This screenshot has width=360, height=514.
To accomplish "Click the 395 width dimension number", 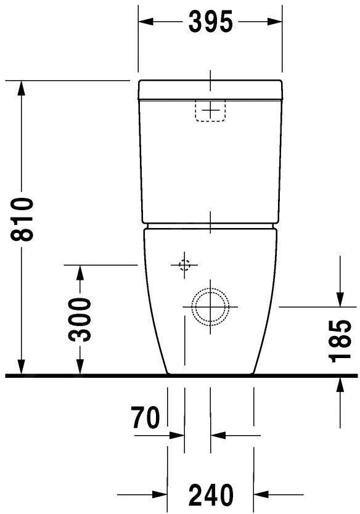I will pos(211,22).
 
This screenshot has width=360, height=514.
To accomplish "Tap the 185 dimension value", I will pos(340,341).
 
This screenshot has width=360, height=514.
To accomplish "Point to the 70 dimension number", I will pos(145,418).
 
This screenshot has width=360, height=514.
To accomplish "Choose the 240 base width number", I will pos(211,494).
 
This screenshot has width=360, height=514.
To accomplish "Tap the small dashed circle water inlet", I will pos(184,265).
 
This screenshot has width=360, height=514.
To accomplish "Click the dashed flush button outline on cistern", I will pos(211,110).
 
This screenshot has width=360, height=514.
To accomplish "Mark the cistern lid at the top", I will pos(211,90).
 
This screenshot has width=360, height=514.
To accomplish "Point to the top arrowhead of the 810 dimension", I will pos(22,88).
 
